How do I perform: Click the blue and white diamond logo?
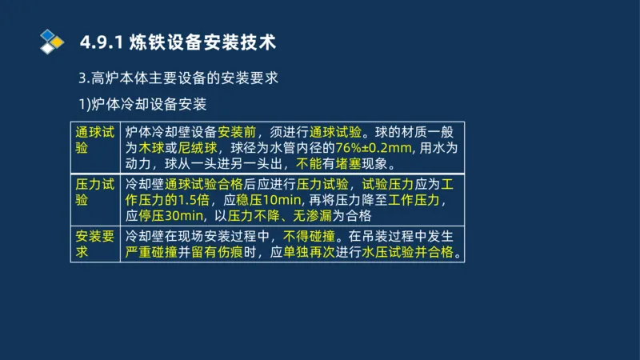(51, 41)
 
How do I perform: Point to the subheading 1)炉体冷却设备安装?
(144, 105)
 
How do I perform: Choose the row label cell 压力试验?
(94, 192)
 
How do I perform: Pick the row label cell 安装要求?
(94, 245)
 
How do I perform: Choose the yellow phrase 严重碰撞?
(151, 253)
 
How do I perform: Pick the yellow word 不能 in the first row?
(310, 164)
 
